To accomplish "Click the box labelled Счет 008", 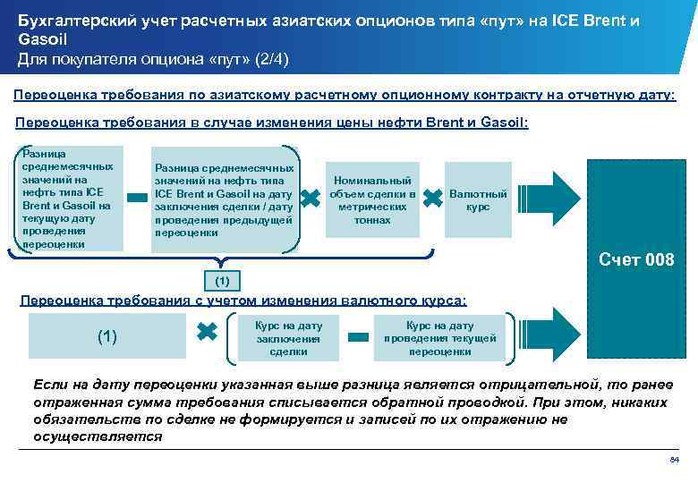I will pos(635,260).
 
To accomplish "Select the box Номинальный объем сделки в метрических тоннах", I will pos(372,199).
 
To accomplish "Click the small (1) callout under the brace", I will pos(223,282).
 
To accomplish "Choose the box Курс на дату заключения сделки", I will pos(288,338).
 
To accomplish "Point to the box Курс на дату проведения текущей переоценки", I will pos(439,338).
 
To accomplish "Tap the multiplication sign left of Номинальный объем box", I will pos(311,199).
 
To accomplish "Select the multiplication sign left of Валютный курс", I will pos(432,199).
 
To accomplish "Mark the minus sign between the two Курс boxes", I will pos(359,337).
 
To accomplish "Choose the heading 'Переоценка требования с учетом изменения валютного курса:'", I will pos(243,301).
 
